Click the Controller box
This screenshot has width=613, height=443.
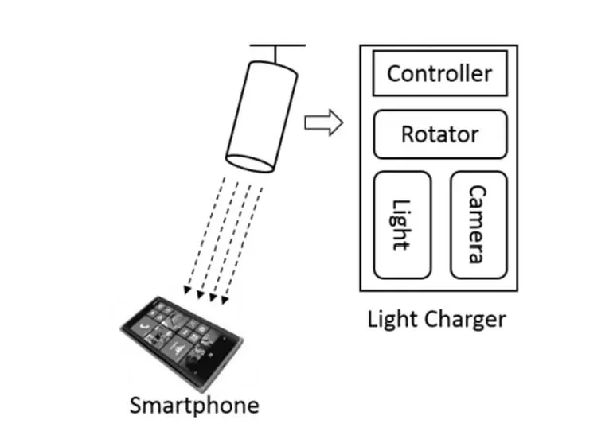click(439, 74)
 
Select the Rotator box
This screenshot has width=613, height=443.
click(439, 134)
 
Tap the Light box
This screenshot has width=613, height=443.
click(402, 225)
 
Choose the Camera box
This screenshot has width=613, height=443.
click(478, 225)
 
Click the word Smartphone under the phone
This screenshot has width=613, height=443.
click(194, 406)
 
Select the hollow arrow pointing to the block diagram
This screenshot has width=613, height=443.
click(323, 123)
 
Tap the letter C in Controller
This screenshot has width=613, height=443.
click(395, 74)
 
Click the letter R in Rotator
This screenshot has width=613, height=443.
click(408, 134)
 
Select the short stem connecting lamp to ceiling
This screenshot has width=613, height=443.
click(278, 53)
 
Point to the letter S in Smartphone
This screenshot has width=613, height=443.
click(136, 406)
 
